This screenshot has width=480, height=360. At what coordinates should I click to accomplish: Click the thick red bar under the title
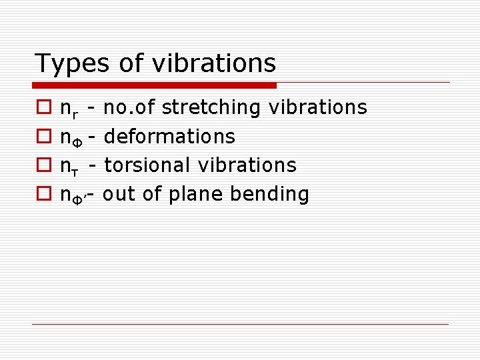(x=155, y=85)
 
